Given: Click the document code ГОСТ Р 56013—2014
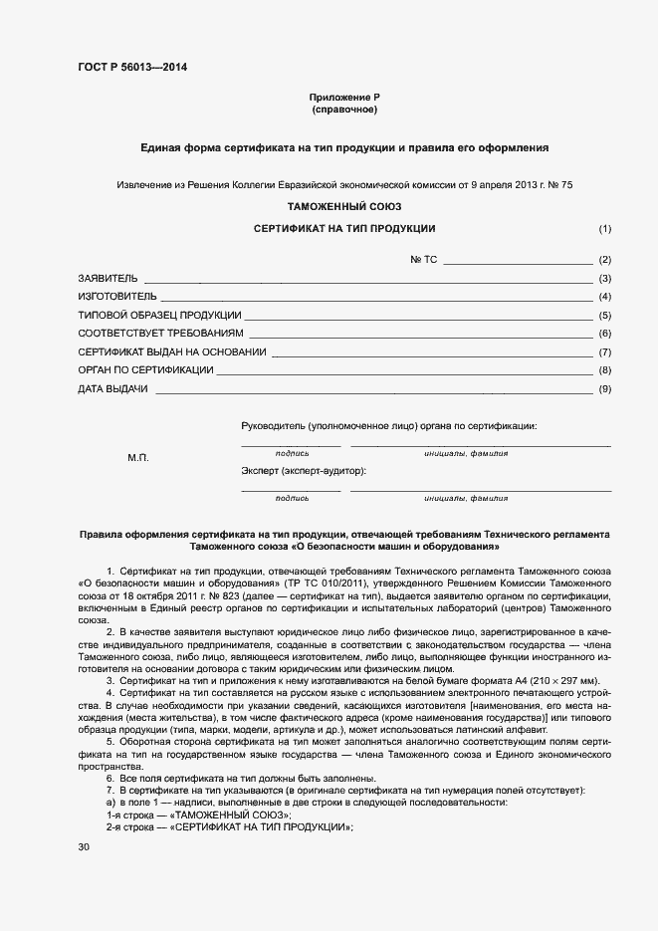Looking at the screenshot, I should pyautogui.click(x=132, y=68).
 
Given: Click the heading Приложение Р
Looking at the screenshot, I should pyautogui.click(x=345, y=97).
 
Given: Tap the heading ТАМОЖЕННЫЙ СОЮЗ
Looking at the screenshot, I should pyautogui.click(x=344, y=207).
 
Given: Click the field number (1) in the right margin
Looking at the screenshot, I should pyautogui.click(x=604, y=229).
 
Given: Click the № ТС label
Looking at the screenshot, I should pyautogui.click(x=424, y=259).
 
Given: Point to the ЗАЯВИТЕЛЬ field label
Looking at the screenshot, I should pyautogui.click(x=108, y=278).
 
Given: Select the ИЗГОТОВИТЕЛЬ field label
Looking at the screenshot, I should pyautogui.click(x=116, y=297).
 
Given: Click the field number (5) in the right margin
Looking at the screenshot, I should pyautogui.click(x=604, y=316).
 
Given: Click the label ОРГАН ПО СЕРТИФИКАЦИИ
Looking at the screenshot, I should pyautogui.click(x=145, y=370).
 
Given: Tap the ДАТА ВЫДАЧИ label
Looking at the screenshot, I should pyautogui.click(x=112, y=389).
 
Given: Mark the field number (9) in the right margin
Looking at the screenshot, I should pyautogui.click(x=604, y=389).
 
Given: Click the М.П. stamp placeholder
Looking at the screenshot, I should pyautogui.click(x=137, y=457).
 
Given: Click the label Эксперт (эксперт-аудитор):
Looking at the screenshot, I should pyautogui.click(x=303, y=470).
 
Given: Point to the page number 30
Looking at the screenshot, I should pyautogui.click(x=84, y=846).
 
